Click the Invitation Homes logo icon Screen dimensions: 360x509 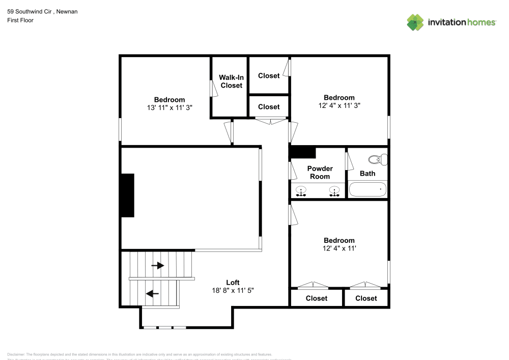415,22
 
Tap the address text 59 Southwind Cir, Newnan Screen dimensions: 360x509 35,11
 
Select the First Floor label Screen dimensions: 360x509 20,20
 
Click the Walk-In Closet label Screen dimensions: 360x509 231,81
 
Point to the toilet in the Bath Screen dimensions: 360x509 378,160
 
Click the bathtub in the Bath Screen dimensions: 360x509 367,189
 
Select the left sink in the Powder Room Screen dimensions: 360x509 301,191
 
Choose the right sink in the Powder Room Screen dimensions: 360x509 334,191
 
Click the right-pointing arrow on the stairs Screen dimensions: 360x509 158,265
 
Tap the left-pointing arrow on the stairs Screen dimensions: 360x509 152,293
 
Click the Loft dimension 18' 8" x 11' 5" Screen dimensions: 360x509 233,290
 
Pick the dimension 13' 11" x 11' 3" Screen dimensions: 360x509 169,107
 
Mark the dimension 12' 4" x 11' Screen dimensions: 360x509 340,248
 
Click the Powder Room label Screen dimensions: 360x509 320,172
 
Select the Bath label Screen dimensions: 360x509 367,173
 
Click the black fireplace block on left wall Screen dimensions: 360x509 127,196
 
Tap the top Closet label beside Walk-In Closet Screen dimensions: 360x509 269,76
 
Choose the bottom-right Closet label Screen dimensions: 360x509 366,298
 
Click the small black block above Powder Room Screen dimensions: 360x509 303,153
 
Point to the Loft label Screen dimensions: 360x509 233,283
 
